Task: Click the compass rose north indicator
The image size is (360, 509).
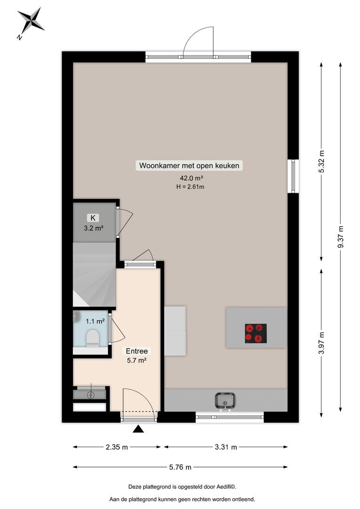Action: click(x=31, y=23)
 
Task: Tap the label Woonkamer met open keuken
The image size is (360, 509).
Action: click(x=189, y=165)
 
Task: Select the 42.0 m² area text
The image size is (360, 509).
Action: click(x=191, y=178)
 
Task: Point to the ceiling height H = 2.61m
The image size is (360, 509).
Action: click(x=190, y=187)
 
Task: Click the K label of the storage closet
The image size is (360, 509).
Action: click(x=93, y=218)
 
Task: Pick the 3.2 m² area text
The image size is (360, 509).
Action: click(x=93, y=228)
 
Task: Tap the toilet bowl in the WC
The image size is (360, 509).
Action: click(x=92, y=338)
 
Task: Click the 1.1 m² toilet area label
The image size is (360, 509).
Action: click(x=95, y=321)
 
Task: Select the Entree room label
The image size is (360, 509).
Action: click(x=137, y=351)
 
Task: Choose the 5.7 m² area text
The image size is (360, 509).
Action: click(x=137, y=361)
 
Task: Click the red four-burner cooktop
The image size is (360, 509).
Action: click(x=256, y=333)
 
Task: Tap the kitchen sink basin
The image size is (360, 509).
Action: click(x=225, y=400)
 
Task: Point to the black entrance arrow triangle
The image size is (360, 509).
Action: click(x=138, y=429)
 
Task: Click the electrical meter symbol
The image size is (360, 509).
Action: click(x=91, y=395)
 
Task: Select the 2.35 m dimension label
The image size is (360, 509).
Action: click(x=117, y=447)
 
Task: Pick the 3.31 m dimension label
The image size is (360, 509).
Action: click(x=226, y=447)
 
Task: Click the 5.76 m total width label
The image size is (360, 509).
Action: click(x=180, y=467)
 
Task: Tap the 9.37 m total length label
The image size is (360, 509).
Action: click(x=341, y=237)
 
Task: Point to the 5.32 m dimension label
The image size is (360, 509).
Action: click(x=321, y=162)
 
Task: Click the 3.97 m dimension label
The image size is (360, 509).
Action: click(x=321, y=343)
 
